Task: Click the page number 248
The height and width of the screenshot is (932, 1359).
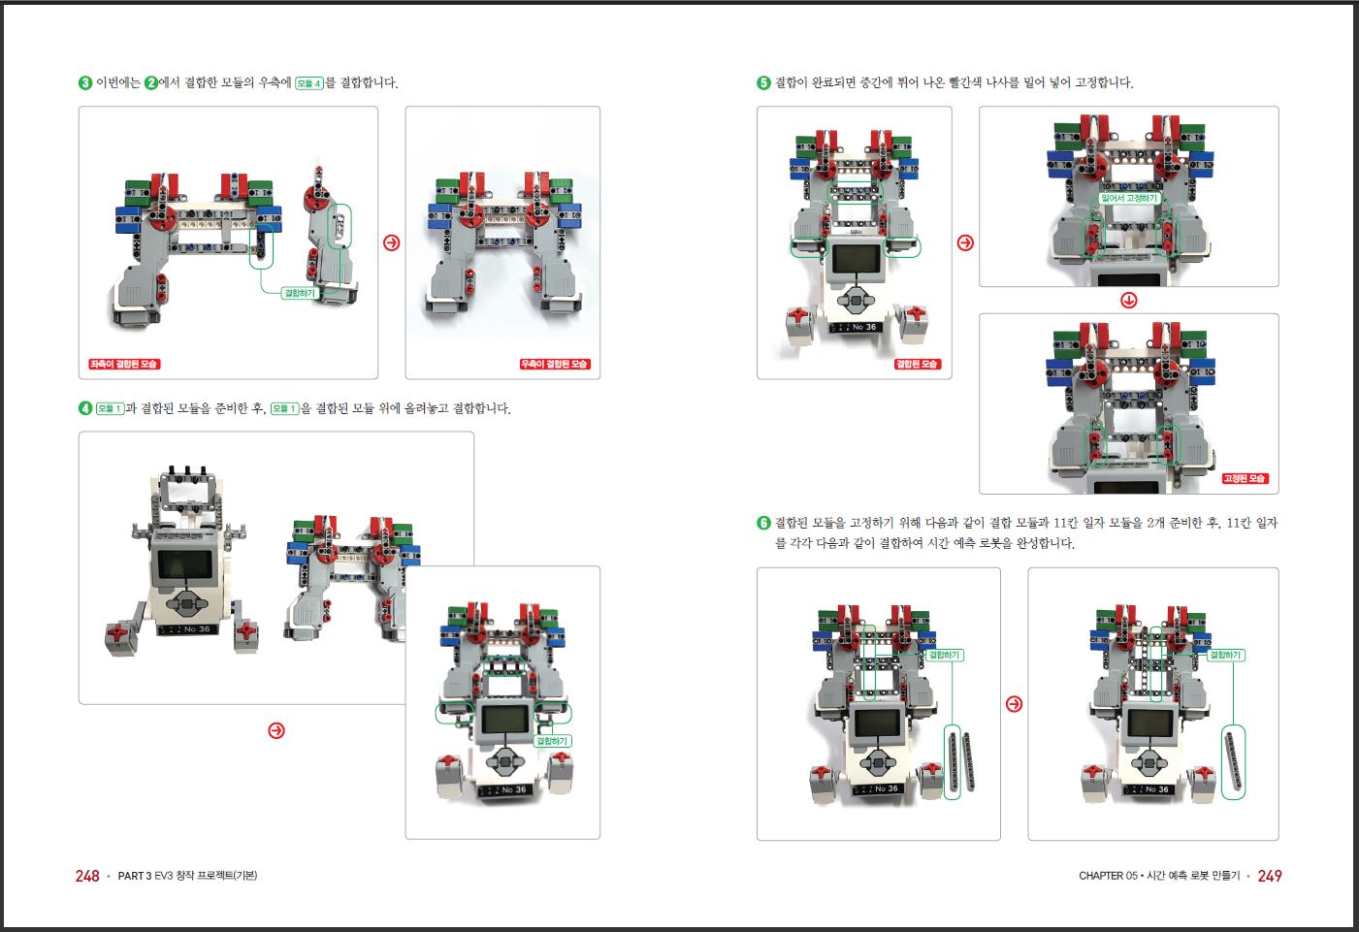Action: tap(87, 876)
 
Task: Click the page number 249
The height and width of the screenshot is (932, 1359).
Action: tap(1269, 876)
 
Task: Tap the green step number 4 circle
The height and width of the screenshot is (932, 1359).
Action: tap(85, 408)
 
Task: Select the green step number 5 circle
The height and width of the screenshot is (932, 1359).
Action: tap(763, 82)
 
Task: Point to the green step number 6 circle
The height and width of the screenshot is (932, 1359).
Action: tap(763, 523)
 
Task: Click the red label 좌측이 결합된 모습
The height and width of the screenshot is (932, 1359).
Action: tap(124, 364)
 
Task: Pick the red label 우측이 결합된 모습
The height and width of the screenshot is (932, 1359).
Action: tap(555, 364)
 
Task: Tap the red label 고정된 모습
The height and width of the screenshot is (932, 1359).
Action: tap(1245, 478)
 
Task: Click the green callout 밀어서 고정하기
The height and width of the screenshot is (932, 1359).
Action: tap(1129, 198)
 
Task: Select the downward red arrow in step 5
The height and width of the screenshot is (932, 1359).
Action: tap(1128, 300)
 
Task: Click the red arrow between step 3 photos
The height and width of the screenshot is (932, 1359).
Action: tap(392, 242)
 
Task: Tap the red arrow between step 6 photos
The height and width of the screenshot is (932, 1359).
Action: tap(1015, 704)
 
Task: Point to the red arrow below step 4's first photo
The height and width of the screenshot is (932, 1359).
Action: tap(276, 730)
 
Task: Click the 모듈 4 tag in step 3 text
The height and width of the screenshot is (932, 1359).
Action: tap(308, 83)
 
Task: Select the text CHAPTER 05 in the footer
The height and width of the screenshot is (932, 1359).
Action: tap(1108, 876)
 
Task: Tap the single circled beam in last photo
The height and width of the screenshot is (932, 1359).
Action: tap(1234, 762)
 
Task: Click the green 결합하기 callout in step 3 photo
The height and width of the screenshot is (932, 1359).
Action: tap(300, 294)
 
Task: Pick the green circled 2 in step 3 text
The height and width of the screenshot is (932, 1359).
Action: tap(151, 82)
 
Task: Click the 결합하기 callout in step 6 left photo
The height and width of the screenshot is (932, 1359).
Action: tap(944, 655)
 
